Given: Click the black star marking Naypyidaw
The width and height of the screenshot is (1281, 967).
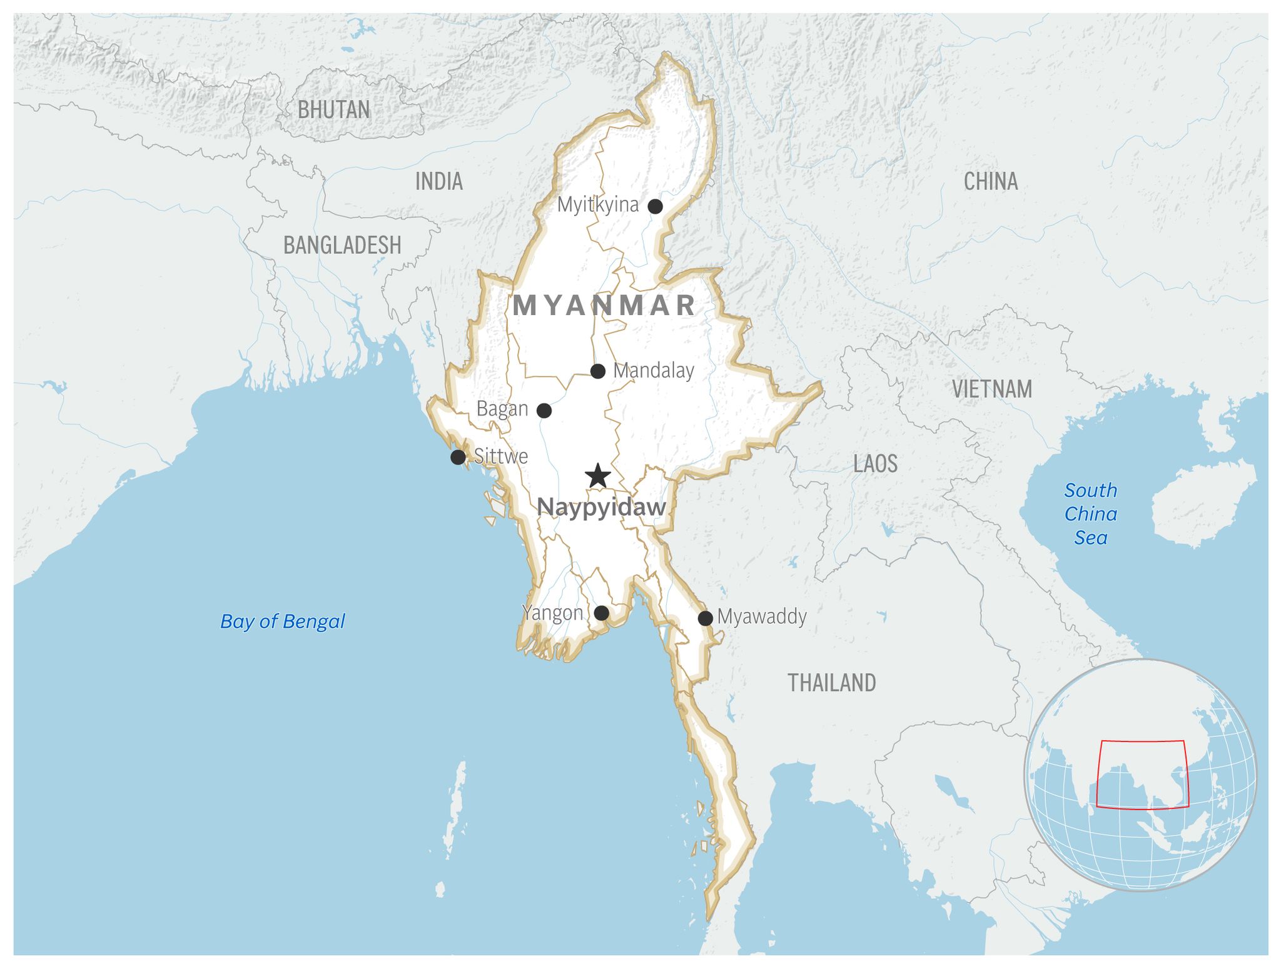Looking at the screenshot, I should pos(598,476).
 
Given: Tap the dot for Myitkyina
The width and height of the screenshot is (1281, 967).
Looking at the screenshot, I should pos(655,206).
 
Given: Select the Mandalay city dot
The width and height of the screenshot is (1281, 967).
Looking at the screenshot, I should pos(598,371).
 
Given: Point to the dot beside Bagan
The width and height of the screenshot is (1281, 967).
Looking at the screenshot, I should pos(544,411).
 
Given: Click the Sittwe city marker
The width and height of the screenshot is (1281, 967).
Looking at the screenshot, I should pos(458,457).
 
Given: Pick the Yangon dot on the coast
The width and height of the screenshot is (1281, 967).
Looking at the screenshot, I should pos(601,613).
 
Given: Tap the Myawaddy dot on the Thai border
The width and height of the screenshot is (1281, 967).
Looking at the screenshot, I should pos(706,618).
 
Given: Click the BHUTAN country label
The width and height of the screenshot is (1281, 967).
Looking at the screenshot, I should pos(333,110).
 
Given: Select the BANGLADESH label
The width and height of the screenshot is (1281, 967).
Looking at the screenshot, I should pos(342,245).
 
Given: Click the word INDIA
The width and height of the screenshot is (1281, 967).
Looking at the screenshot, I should pos(439,181).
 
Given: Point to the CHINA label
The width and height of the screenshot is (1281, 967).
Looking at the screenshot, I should pos(990,181).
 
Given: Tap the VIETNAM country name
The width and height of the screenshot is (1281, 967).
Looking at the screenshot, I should pos(992,389).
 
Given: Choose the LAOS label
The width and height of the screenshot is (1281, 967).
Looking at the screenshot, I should pos(875,464).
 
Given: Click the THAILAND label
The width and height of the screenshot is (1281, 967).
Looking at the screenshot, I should pos(831,683).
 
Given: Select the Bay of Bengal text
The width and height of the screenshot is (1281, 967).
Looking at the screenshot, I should pos(283,621).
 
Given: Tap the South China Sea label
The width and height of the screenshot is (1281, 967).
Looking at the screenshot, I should pos(1091,514).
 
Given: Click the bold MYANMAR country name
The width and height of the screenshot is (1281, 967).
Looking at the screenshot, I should pos(604,306).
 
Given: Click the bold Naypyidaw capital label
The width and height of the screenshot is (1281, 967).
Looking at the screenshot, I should pos(601,508).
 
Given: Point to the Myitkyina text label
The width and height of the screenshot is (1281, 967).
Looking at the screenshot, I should pos(598,204).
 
